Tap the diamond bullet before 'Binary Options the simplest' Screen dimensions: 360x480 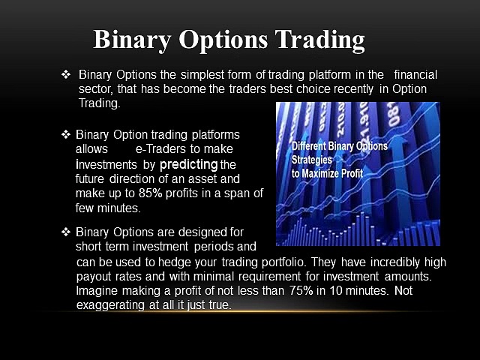tap(65, 74)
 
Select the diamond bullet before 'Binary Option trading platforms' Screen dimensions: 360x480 tap(64, 134)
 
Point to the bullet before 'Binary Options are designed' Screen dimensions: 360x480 tap(64, 232)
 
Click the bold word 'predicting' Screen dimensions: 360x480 tap(189, 164)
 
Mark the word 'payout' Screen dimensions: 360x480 tap(97, 277)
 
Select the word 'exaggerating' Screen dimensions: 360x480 tap(112, 305)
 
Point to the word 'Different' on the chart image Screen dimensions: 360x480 tap(313, 146)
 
